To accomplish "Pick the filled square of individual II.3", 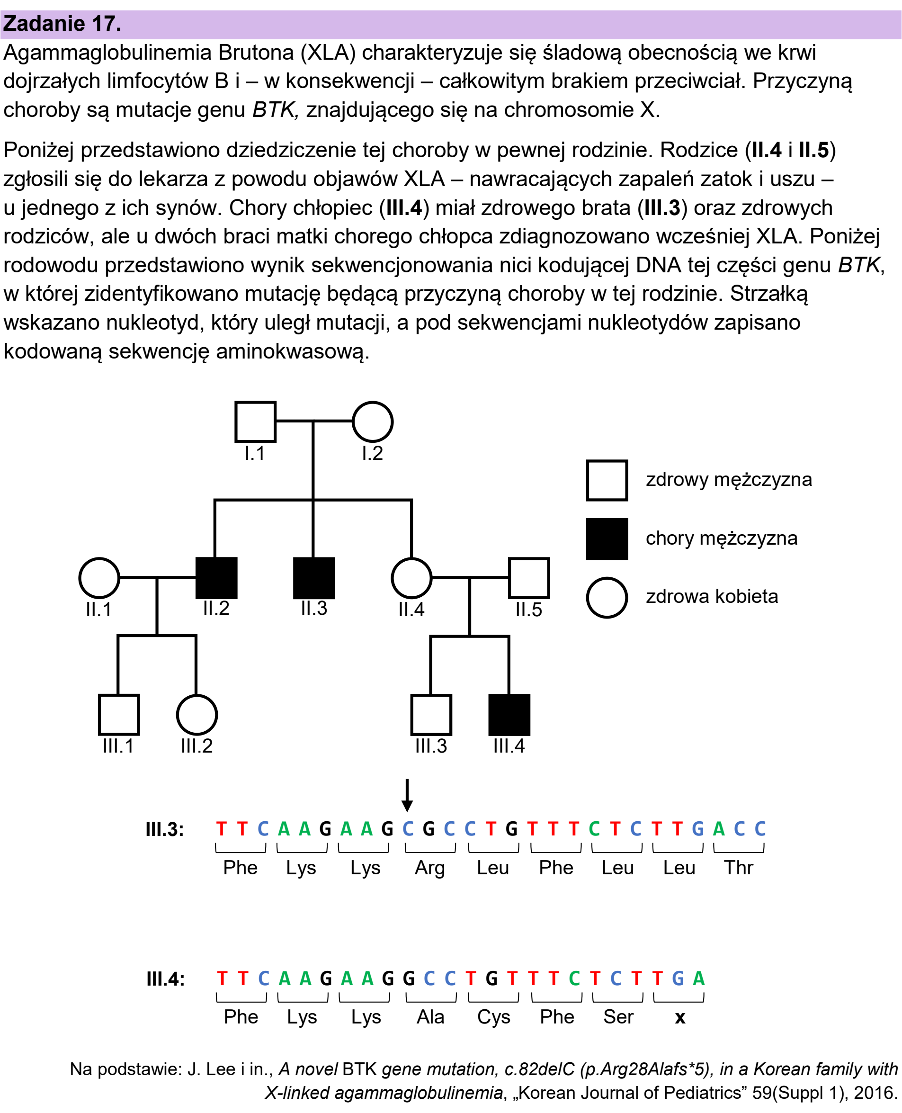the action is point(314,578).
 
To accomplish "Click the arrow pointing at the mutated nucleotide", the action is point(407,795).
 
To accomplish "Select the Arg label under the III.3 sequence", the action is point(430,868).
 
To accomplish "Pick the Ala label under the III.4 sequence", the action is point(430,1017).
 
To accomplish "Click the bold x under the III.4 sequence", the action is point(679,1017).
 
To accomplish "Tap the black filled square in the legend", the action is point(607,539).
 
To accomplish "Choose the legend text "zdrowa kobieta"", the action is point(712,596).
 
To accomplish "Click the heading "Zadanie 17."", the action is point(63,24).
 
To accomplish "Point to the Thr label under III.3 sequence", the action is point(738,868).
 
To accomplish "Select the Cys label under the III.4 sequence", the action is point(493,1017).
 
